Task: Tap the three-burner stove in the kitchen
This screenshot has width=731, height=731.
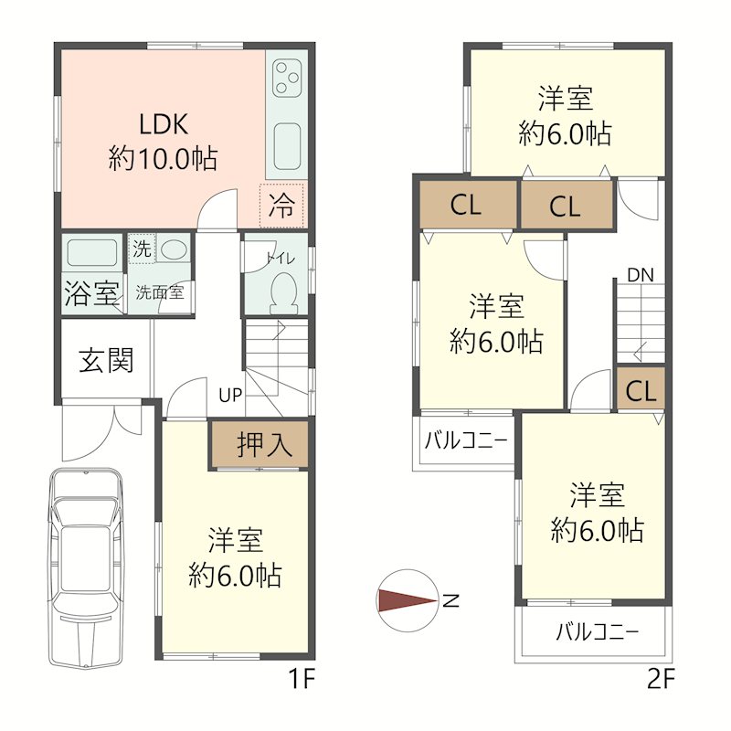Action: (287, 78)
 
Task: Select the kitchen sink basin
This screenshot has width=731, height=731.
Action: (287, 146)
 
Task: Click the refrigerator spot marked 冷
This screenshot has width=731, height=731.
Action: (281, 205)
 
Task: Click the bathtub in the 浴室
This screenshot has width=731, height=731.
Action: (92, 252)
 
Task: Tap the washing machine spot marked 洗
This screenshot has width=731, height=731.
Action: (142, 249)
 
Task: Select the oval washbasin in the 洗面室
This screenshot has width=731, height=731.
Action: (175, 249)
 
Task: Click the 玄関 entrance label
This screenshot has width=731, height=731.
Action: (106, 360)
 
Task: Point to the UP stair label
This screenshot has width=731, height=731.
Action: (230, 396)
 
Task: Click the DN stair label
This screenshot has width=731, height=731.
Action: (641, 275)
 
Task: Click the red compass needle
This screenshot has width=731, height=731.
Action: (407, 600)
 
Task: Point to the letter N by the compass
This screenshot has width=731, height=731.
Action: (450, 601)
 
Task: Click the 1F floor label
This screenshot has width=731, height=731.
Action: (302, 679)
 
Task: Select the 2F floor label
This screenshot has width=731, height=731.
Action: (661, 679)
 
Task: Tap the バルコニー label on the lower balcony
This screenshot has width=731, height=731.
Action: (597, 632)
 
